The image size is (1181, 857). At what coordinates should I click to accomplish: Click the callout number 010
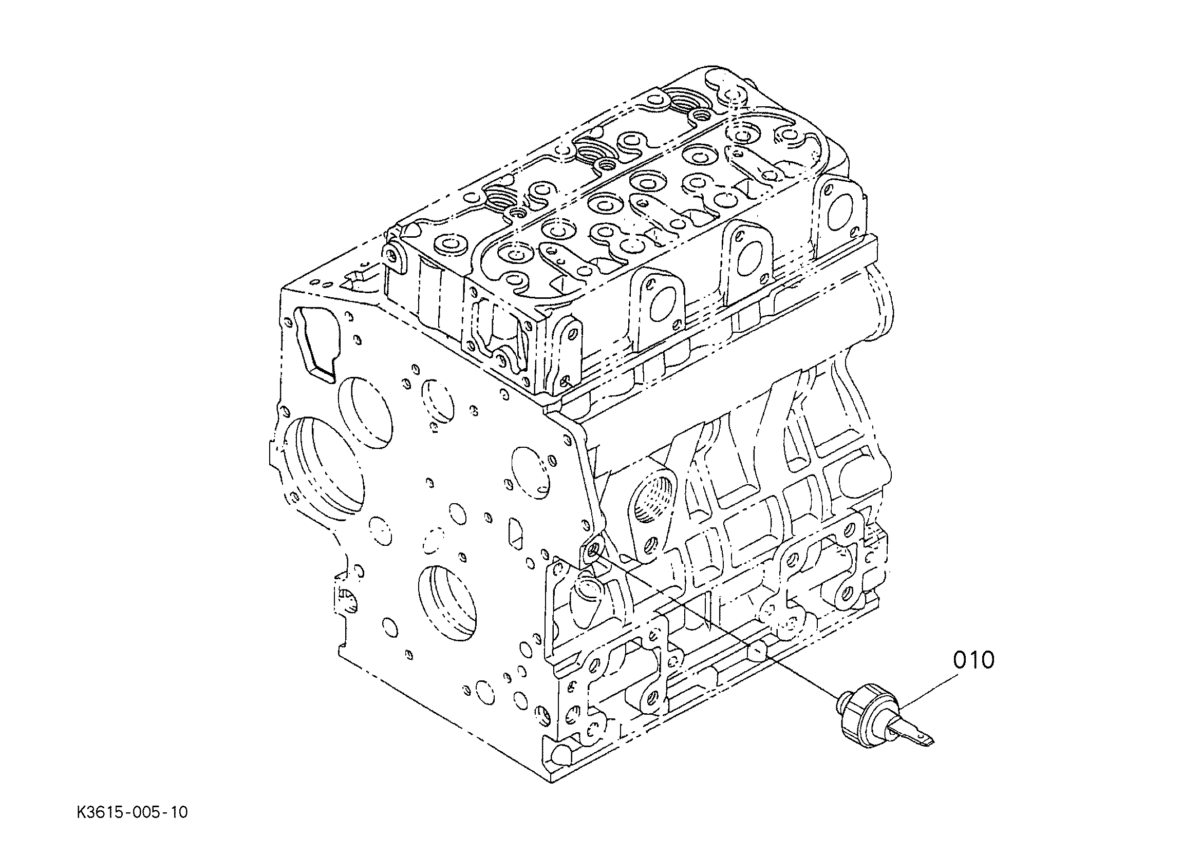[x=974, y=661]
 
